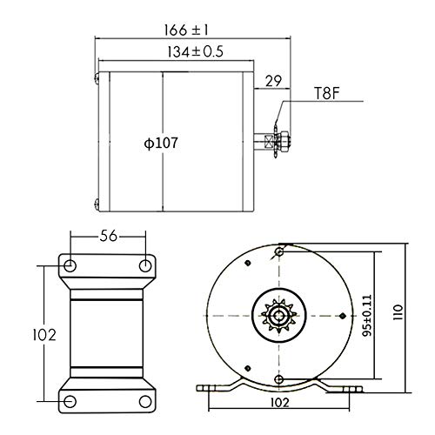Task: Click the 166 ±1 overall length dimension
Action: [186, 30]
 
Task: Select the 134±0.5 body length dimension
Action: [195, 52]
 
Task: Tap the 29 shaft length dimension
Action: [273, 81]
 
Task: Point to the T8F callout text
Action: [327, 93]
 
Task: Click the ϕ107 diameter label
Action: [161, 143]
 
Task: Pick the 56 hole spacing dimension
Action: [108, 237]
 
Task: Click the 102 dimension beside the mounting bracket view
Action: [44, 335]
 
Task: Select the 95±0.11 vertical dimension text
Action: [367, 316]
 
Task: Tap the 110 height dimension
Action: [398, 312]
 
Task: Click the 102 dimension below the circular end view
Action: [280, 403]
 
